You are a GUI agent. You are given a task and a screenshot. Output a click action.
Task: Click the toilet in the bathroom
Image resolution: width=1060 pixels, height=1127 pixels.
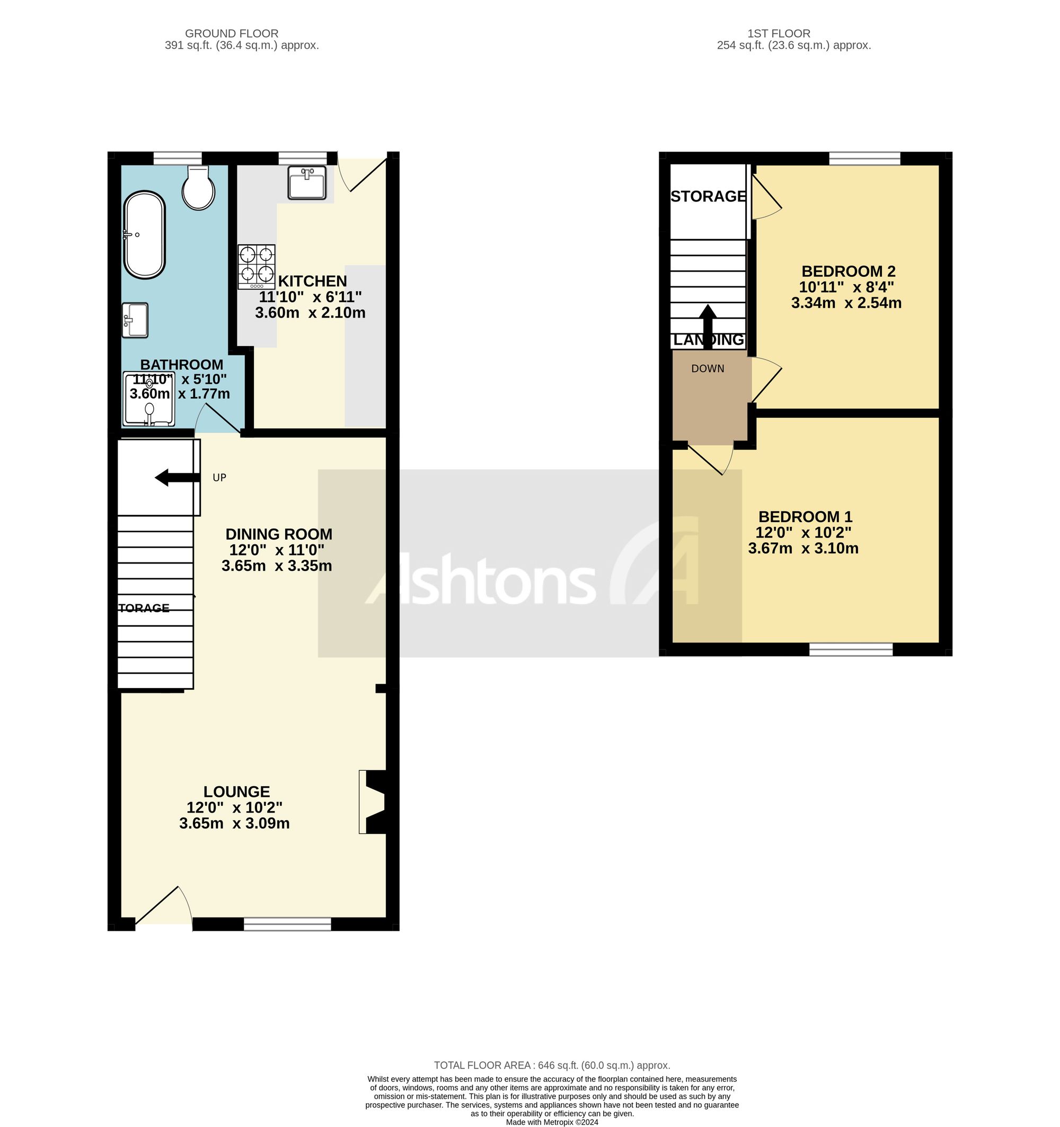[198, 189]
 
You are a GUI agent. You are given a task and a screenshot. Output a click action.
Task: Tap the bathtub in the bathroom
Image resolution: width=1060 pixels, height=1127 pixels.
[145, 235]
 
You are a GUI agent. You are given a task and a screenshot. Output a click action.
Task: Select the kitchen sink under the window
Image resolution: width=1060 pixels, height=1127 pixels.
[306, 182]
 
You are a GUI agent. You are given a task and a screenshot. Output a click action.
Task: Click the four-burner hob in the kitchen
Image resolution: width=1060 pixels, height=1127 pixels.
[256, 267]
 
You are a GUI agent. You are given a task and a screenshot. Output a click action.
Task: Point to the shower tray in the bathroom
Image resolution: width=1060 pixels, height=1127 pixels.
[148, 399]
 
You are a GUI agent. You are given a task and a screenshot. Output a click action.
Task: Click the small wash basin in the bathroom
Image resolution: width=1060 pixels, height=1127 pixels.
[135, 320]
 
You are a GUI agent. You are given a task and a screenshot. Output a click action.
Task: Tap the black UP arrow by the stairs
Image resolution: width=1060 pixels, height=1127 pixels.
[177, 478]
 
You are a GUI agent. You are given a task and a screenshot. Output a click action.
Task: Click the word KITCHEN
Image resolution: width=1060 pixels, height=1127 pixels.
[312, 281]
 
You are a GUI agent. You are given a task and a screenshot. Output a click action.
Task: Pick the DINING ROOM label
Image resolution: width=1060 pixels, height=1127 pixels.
[278, 534]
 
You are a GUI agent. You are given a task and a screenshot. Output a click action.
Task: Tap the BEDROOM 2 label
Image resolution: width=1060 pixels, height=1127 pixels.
[847, 271]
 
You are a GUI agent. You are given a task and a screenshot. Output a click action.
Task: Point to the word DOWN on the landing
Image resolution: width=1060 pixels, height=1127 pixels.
[708, 368]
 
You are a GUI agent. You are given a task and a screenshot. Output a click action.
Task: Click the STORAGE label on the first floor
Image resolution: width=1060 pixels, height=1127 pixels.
[708, 196]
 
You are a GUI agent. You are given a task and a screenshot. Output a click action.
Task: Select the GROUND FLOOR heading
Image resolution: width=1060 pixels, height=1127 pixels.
[231, 33]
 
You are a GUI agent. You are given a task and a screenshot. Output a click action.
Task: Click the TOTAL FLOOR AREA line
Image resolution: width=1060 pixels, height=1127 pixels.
[552, 1065]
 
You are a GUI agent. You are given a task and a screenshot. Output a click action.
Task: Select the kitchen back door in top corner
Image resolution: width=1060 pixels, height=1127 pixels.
[361, 173]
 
